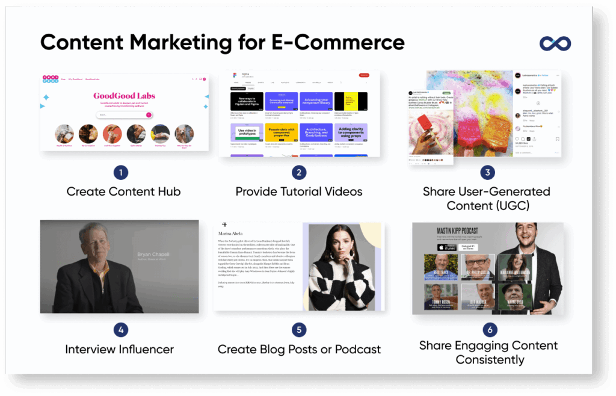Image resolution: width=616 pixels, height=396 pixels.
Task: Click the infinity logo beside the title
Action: pos(555,43)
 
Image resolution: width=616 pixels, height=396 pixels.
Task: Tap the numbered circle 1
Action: pos(120,173)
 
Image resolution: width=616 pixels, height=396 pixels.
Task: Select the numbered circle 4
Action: pos(120,330)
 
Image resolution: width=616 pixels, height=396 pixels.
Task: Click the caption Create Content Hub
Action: pos(123,192)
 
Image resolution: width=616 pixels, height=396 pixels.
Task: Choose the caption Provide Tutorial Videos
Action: pos(299,192)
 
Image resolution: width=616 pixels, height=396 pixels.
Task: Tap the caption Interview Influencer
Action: pos(119,349)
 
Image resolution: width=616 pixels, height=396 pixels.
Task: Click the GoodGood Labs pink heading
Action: pos(125,95)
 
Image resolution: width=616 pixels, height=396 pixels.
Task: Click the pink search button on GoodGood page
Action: pos(149,114)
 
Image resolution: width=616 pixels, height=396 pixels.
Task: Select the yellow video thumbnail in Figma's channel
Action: pos(351,101)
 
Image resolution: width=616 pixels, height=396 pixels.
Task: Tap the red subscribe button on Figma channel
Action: pos(363,75)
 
